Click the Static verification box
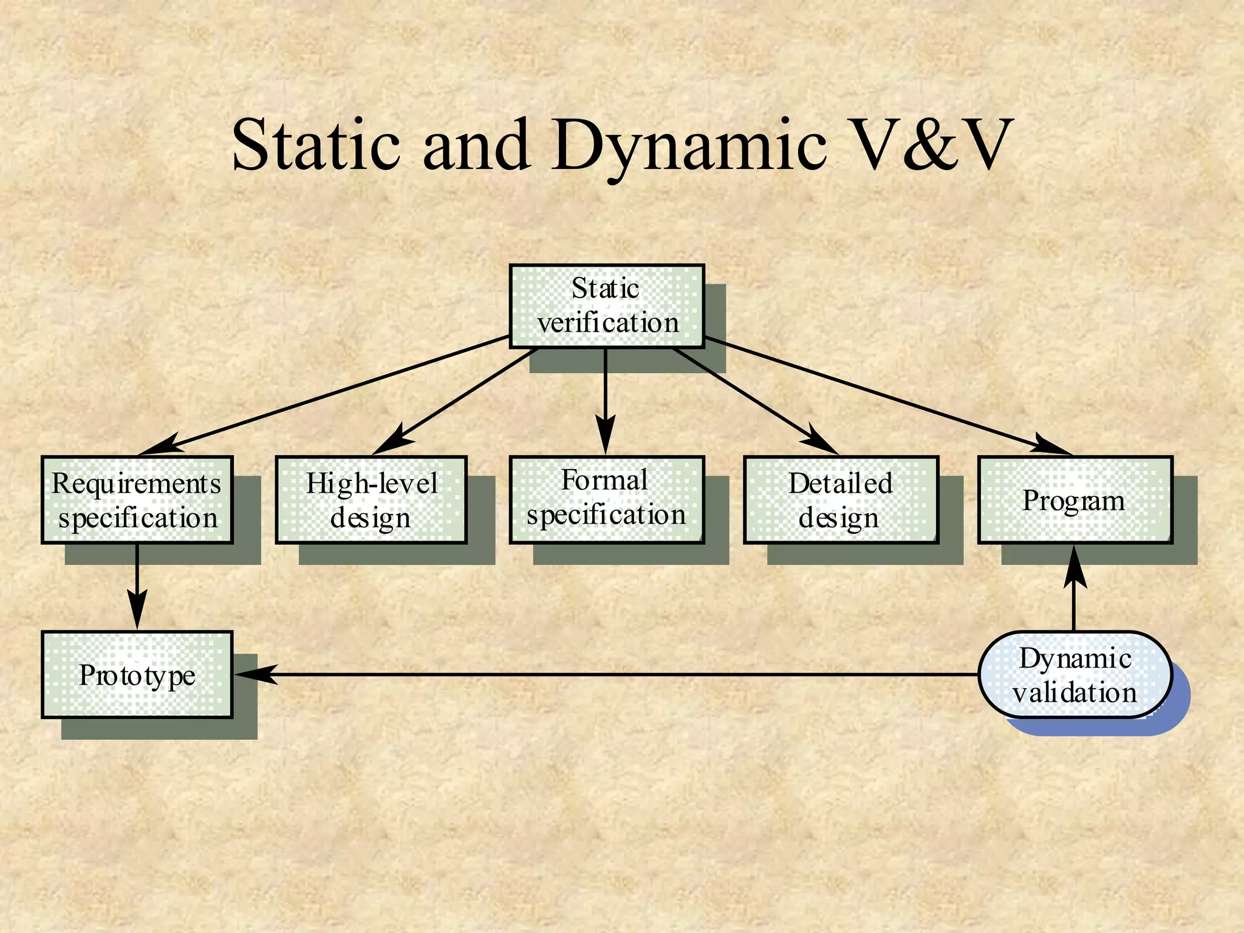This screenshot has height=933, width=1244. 607,306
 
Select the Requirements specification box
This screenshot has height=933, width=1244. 137,500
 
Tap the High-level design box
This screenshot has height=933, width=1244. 371,500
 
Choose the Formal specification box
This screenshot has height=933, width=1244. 607,499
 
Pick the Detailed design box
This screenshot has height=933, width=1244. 841,500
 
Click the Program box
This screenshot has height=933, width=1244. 1075,500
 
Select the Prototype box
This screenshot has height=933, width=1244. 137,675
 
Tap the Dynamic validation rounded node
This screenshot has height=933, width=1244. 1075,675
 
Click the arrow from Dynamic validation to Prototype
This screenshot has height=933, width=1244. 607,674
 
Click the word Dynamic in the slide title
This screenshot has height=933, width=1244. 690,146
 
